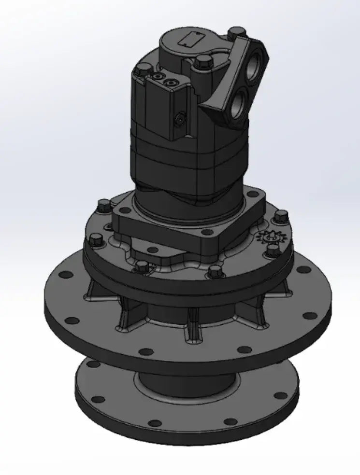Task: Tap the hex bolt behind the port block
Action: pyautogui.click(x=236, y=33)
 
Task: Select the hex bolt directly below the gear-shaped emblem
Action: pyautogui.click(x=273, y=251)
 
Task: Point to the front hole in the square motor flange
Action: pyautogui.click(x=153, y=250)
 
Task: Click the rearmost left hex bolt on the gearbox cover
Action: pyautogui.click(x=103, y=205)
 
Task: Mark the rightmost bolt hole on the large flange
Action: pyautogui.click(x=310, y=316)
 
